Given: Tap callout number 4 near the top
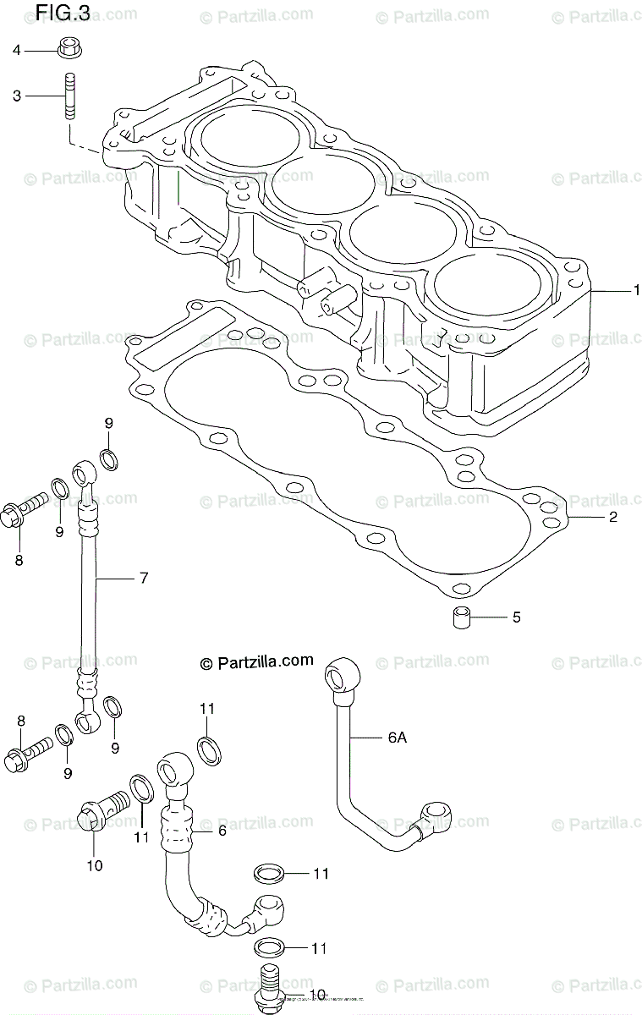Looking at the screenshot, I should [16, 50].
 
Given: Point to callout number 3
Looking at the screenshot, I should [16, 96].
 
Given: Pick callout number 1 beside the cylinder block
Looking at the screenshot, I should [637, 290].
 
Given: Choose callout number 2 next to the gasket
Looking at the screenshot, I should [613, 517].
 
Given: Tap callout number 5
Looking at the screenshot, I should [516, 617].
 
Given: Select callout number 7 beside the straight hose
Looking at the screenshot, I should [144, 579].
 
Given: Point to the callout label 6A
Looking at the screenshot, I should [398, 738].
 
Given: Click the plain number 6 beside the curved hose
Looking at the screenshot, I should [222, 831].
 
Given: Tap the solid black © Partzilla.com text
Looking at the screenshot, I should [256, 661].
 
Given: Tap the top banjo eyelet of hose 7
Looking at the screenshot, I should [85, 469].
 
